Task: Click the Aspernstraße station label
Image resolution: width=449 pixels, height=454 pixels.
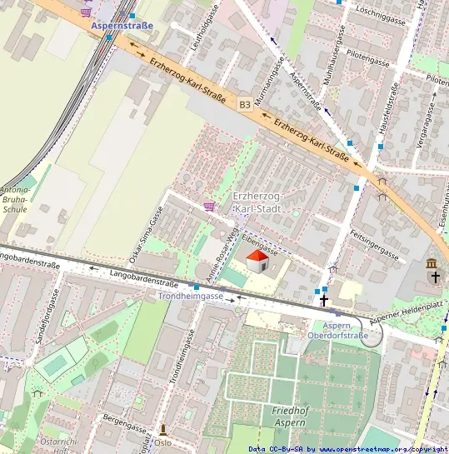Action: coord(122,26)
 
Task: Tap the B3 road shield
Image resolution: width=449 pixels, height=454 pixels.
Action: coord(244,104)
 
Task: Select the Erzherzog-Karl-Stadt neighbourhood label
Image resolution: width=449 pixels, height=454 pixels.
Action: coord(258,201)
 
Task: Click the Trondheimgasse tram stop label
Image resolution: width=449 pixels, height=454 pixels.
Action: coord(191,296)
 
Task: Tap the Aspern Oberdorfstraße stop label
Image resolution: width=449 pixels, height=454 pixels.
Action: coord(338,331)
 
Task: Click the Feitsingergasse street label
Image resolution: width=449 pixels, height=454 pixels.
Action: coord(375,242)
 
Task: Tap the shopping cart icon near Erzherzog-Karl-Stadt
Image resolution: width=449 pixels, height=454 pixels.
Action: coord(209,206)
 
